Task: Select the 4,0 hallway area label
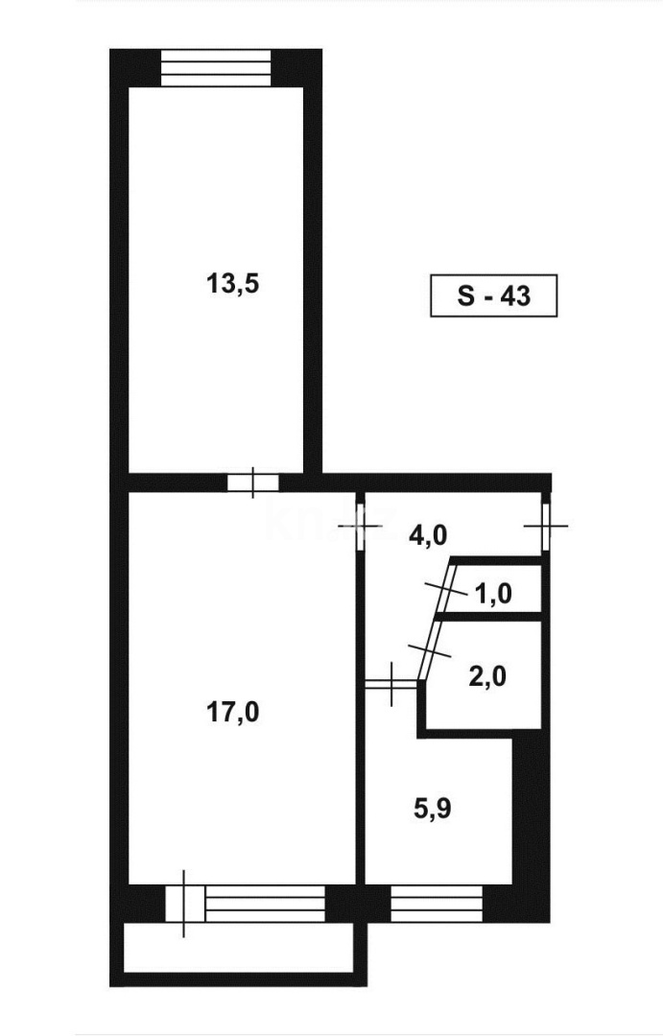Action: pyautogui.click(x=428, y=534)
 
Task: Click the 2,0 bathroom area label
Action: pyautogui.click(x=488, y=676)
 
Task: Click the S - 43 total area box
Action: pyautogui.click(x=492, y=296)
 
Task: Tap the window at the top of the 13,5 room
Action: pyautogui.click(x=217, y=67)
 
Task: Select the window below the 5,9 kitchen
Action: pyautogui.click(x=437, y=903)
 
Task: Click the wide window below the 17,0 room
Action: pyautogui.click(x=265, y=903)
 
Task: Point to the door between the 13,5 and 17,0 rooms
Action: pyautogui.click(x=252, y=483)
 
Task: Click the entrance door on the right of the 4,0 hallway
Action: pyautogui.click(x=544, y=526)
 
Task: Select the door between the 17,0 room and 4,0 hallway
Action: pyautogui.click(x=361, y=525)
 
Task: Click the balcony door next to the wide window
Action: pyautogui.click(x=185, y=903)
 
